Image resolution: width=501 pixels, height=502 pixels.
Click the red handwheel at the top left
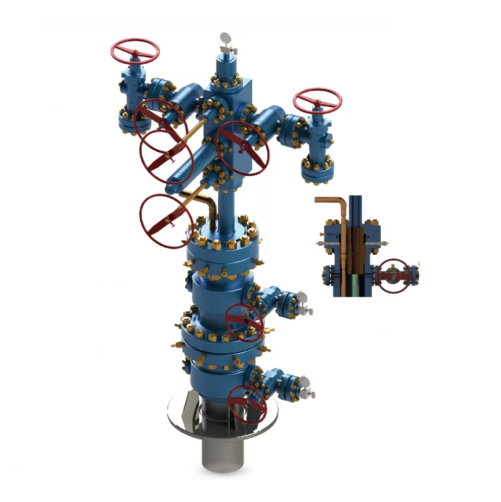pos(136,50)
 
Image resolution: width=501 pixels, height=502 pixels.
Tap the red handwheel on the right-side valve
pos(318,102)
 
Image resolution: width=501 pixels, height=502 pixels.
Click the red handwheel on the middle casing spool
pos(244,323)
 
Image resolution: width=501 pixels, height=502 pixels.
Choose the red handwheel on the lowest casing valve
pos(248,403)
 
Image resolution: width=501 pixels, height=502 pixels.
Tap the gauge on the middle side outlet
pos(302,299)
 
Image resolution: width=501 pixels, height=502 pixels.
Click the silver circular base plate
pos(176,421)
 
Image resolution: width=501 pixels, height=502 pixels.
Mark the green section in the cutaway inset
pos(355,282)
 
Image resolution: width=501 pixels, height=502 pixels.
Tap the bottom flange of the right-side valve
pos(318,173)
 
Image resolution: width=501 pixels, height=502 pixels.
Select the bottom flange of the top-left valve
pos(131,123)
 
